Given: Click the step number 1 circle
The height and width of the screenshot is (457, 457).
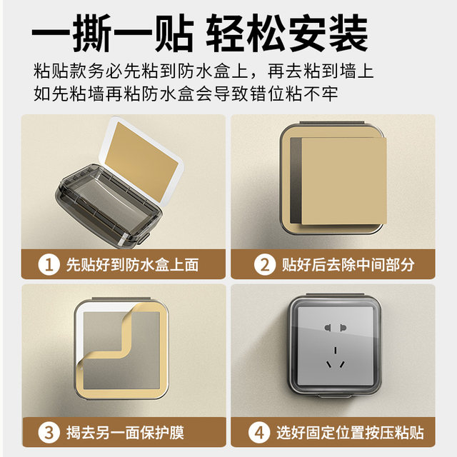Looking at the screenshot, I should [49, 266].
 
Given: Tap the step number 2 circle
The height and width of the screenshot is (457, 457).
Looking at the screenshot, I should [264, 266].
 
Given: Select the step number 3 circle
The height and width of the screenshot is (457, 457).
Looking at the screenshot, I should [49, 432].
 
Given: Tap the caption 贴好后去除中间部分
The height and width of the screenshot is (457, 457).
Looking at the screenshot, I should [348, 266].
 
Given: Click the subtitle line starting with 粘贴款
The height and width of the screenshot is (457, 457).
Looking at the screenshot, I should [204, 72].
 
